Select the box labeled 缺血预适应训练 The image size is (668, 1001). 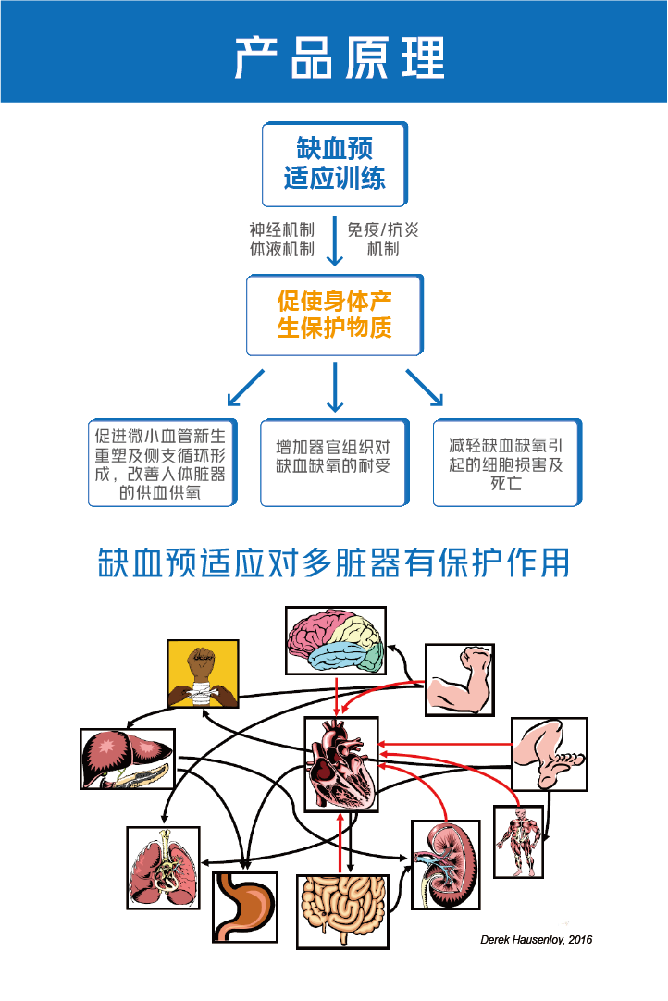pyautogui.click(x=334, y=164)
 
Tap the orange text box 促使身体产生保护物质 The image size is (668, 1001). pyautogui.click(x=334, y=315)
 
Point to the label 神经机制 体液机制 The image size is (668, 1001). pyautogui.click(x=281, y=239)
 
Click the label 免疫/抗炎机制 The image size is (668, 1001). pyautogui.click(x=382, y=239)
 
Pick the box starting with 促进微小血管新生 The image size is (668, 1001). pyautogui.click(x=162, y=463)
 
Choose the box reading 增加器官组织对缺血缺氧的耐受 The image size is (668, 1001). pyautogui.click(x=334, y=463)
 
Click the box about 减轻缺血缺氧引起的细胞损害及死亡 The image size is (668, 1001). pyautogui.click(x=506, y=463)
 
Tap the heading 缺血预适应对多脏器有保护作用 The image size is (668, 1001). pyautogui.click(x=334, y=562)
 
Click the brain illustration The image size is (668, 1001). pyautogui.click(x=335, y=641)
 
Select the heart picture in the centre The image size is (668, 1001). pyautogui.click(x=341, y=763)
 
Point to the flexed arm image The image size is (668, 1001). pyautogui.click(x=459, y=680)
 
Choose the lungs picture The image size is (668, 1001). pyautogui.click(x=163, y=867)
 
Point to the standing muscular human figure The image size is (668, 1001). pyautogui.click(x=517, y=841)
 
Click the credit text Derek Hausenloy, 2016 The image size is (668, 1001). pyautogui.click(x=536, y=940)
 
